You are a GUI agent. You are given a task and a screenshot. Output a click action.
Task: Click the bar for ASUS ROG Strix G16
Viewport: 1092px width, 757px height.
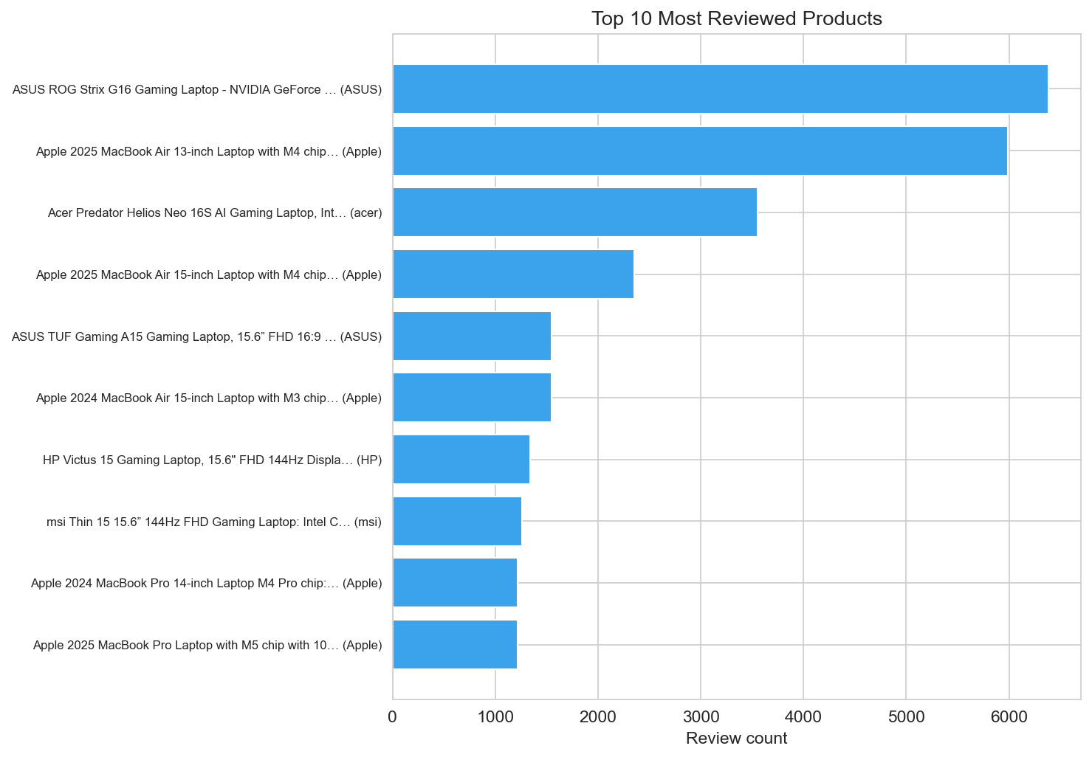coord(720,89)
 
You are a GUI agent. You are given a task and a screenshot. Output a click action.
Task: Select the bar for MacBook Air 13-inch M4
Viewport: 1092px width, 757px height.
coord(700,151)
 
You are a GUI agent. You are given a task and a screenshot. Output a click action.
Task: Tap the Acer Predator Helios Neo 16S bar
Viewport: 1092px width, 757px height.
coord(574,212)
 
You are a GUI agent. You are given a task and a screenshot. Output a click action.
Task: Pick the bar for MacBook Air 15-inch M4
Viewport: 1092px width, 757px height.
coord(513,274)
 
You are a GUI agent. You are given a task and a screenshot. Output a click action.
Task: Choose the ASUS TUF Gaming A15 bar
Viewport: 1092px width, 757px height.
coord(472,336)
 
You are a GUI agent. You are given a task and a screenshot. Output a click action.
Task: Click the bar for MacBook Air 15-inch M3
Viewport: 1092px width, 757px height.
coord(472,398)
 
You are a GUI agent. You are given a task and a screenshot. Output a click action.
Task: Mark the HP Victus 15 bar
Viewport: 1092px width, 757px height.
coord(461,460)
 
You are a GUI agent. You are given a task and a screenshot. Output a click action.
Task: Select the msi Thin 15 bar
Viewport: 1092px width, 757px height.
coord(457,521)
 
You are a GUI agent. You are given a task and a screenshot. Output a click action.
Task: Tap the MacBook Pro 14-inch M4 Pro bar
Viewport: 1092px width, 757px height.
coord(455,583)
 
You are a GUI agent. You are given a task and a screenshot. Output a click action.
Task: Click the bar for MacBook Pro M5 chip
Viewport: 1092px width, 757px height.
coord(455,645)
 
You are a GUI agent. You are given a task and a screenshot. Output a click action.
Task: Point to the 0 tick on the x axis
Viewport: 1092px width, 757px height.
coord(393,716)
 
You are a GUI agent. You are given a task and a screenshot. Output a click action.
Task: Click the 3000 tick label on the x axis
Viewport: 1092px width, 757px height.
coord(701,716)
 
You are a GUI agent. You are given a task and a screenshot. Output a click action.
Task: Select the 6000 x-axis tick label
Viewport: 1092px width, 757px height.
coord(1009,716)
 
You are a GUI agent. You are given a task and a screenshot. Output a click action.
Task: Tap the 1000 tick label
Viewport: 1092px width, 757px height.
coord(495,716)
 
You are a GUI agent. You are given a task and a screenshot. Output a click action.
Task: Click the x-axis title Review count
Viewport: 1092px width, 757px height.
coord(736,739)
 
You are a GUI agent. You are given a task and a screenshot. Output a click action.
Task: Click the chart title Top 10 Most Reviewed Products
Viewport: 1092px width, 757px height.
coord(736,18)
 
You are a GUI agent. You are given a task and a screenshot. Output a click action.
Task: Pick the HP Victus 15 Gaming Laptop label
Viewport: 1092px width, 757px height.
coord(212,460)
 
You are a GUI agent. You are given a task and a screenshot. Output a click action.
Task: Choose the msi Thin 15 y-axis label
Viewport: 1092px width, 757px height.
coord(214,522)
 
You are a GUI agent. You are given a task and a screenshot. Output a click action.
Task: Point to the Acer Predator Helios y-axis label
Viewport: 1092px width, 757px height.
coord(215,213)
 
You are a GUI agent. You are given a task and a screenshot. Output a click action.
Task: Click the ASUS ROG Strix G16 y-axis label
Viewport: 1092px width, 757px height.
coord(197,90)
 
